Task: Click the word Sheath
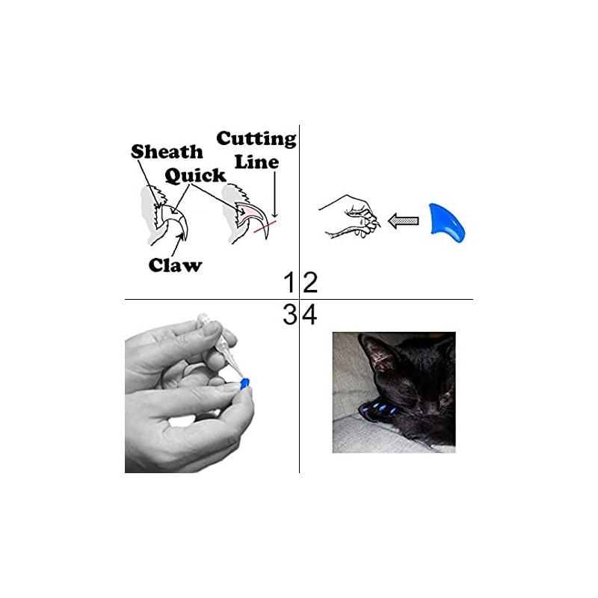(x=167, y=152)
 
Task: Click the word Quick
(x=195, y=176)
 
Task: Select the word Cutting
(x=256, y=139)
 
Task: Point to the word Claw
(x=175, y=265)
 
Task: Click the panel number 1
(x=289, y=283)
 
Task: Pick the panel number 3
(x=289, y=315)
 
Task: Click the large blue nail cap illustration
(x=446, y=219)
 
